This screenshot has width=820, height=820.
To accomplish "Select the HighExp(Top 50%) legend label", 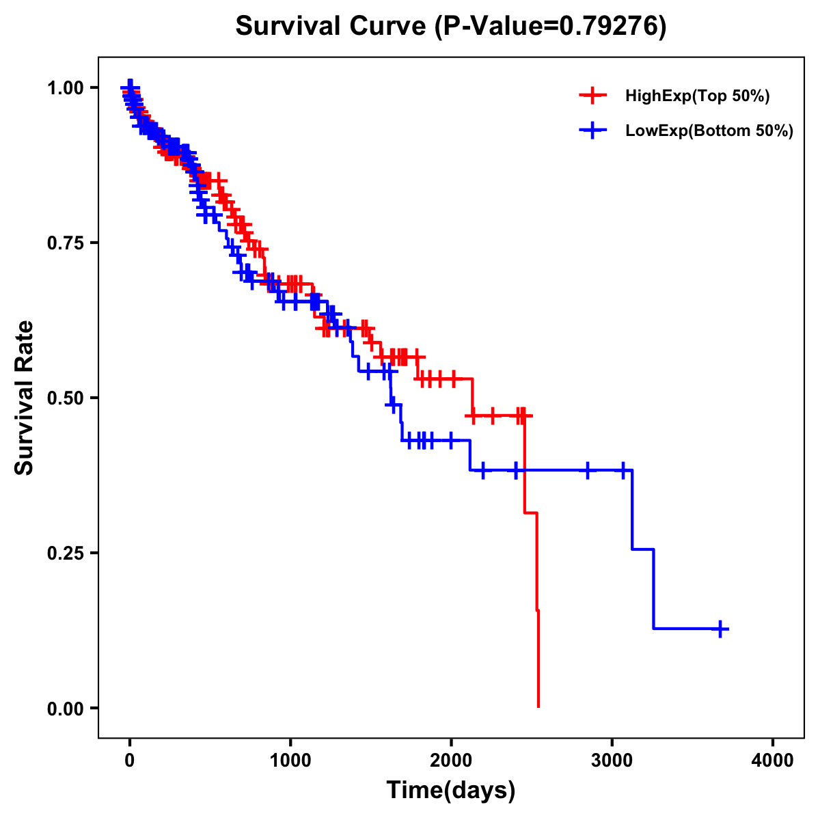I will (697, 96).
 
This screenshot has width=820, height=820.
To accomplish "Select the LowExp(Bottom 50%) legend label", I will (709, 131).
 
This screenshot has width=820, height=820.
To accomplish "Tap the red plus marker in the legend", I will (592, 96).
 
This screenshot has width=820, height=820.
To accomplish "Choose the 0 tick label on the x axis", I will (129, 761).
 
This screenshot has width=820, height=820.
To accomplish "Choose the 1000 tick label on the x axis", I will (290, 761).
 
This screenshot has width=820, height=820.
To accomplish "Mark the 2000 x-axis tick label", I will (451, 761).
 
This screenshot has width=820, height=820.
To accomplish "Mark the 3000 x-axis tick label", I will (612, 761).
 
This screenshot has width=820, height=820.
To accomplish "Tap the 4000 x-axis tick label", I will (773, 761).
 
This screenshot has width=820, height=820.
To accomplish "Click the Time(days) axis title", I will (451, 791).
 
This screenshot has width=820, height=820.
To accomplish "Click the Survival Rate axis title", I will (25, 398).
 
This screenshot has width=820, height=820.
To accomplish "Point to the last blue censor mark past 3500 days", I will (720, 629).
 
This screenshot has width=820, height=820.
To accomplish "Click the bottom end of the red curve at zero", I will (538, 706).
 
